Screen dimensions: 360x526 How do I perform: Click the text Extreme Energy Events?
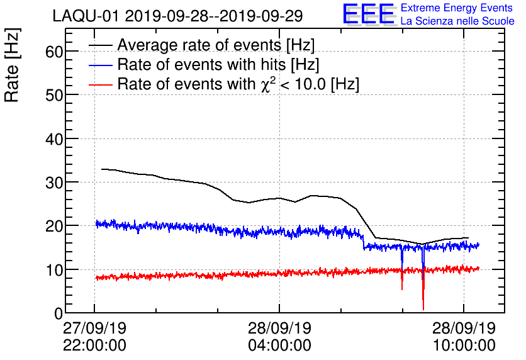click(x=457, y=8)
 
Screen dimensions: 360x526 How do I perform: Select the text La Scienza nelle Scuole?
click(x=457, y=21)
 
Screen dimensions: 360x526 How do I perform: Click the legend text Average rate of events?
click(x=216, y=45)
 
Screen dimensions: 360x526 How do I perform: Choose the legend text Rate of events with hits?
click(x=218, y=65)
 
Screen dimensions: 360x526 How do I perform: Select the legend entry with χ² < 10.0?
click(x=238, y=84)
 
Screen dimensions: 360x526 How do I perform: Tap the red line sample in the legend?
click(x=100, y=84)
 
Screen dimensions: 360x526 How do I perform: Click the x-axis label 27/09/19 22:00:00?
click(x=94, y=337)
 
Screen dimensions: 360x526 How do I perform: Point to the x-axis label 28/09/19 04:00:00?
click(x=279, y=337)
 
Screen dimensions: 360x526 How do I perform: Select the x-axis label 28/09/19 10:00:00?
click(x=464, y=337)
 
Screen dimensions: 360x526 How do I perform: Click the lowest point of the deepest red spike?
click(x=423, y=309)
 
